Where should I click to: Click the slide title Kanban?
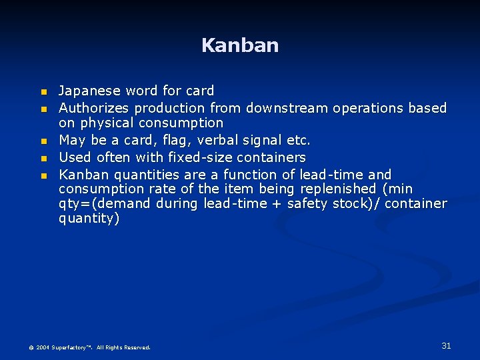[240, 45]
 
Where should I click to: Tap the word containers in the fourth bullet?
[273, 157]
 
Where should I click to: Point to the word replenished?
[333, 189]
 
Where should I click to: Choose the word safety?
[309, 203]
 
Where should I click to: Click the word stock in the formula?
[349, 203]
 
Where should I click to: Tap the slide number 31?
[446, 345]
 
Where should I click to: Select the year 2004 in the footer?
[42, 347]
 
